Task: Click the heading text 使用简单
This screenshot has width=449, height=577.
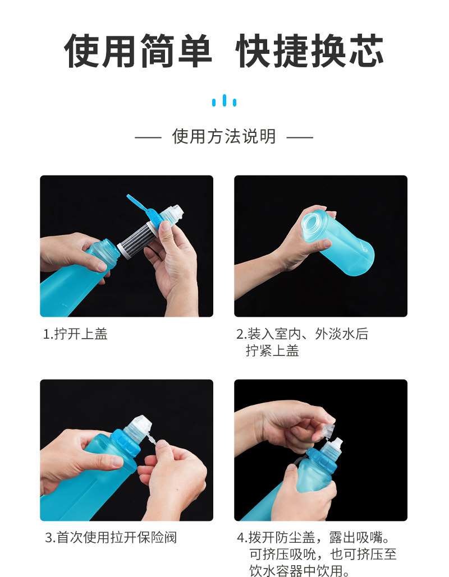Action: (x=138, y=51)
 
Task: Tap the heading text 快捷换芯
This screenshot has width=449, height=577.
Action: (x=309, y=51)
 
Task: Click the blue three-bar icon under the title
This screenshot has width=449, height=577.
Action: (x=224, y=100)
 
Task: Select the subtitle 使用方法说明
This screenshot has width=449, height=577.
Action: (x=224, y=136)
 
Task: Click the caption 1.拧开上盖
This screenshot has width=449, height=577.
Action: (x=75, y=334)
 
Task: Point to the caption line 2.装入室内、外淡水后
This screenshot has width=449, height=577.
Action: (x=302, y=334)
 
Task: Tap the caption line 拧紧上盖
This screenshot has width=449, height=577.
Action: (x=272, y=350)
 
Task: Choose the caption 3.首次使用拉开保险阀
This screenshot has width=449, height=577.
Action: (x=111, y=537)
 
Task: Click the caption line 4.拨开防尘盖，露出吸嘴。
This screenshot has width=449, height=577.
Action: (x=313, y=538)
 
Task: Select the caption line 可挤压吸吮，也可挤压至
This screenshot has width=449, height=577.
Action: (x=323, y=554)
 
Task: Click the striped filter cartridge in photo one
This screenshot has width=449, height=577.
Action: (x=136, y=239)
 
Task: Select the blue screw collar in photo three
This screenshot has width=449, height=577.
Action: (x=127, y=445)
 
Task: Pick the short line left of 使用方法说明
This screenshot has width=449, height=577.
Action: (x=148, y=137)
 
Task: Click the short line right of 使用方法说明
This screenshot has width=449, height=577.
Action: (x=300, y=137)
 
